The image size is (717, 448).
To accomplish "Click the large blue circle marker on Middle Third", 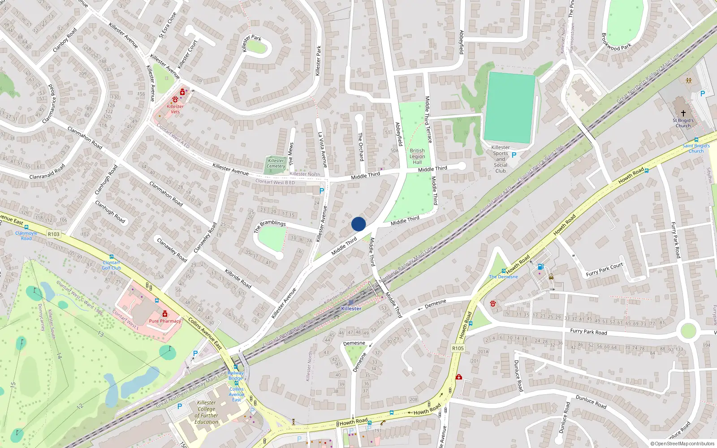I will point(358,224).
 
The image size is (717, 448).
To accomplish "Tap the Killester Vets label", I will point(175,109).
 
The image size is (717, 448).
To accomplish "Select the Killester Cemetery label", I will point(276,163).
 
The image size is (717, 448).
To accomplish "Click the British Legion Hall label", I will point(417,156).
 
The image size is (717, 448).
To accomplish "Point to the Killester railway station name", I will point(351,309).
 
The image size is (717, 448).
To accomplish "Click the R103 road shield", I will point(53,234).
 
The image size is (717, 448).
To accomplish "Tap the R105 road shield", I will point(458,348).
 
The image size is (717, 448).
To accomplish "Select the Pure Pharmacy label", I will point(165,321).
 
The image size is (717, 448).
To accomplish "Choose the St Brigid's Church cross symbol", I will point(683,113).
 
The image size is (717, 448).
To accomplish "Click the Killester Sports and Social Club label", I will point(501,159).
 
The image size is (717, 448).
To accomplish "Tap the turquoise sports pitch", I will point(510,108).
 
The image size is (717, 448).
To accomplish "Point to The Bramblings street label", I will point(270,226).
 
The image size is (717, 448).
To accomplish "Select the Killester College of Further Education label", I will point(206,412).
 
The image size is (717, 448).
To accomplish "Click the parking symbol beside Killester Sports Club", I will point(514,155).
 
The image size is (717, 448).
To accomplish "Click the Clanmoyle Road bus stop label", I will point(26,236).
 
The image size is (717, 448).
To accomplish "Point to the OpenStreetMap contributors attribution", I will point(682,444).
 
